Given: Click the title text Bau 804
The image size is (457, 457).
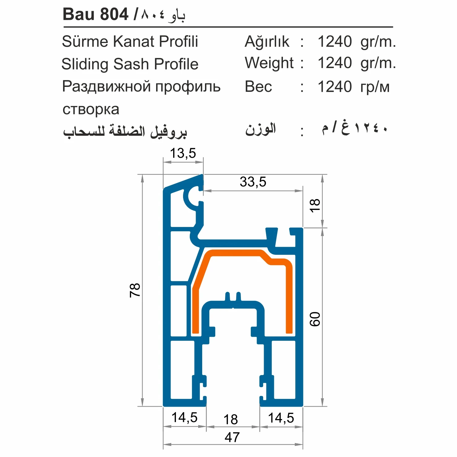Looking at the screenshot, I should pos(95,14).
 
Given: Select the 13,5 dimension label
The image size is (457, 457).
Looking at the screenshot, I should pos(183,153).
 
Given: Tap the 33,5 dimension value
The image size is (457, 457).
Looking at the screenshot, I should pos(253,182).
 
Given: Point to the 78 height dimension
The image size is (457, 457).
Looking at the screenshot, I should pos(135,290).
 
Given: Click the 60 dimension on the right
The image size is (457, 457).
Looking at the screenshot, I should pos(315,319).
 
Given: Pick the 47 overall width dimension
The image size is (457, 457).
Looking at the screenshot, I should pos(232,437).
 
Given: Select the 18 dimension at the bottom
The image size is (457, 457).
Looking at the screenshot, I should pos(231,420).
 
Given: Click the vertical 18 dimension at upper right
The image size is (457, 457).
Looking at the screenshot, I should pos(315,205).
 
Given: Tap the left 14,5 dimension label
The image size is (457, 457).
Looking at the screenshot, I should pos(184,417).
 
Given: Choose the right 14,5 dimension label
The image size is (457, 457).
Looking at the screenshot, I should pos(281,418).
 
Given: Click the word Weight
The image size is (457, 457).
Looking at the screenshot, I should pos(269,63).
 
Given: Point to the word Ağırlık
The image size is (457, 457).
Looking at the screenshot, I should pos(267,42).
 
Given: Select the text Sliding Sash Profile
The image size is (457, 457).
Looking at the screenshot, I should pos(130,64).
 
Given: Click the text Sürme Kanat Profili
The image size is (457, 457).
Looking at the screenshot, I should pos(130,41).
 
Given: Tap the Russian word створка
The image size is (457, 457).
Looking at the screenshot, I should pos(91,109).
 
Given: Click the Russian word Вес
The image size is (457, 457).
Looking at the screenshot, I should pos(258,87).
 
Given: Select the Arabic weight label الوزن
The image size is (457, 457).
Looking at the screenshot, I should pos(261,129).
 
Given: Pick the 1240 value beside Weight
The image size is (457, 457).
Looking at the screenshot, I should pos(335,63).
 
